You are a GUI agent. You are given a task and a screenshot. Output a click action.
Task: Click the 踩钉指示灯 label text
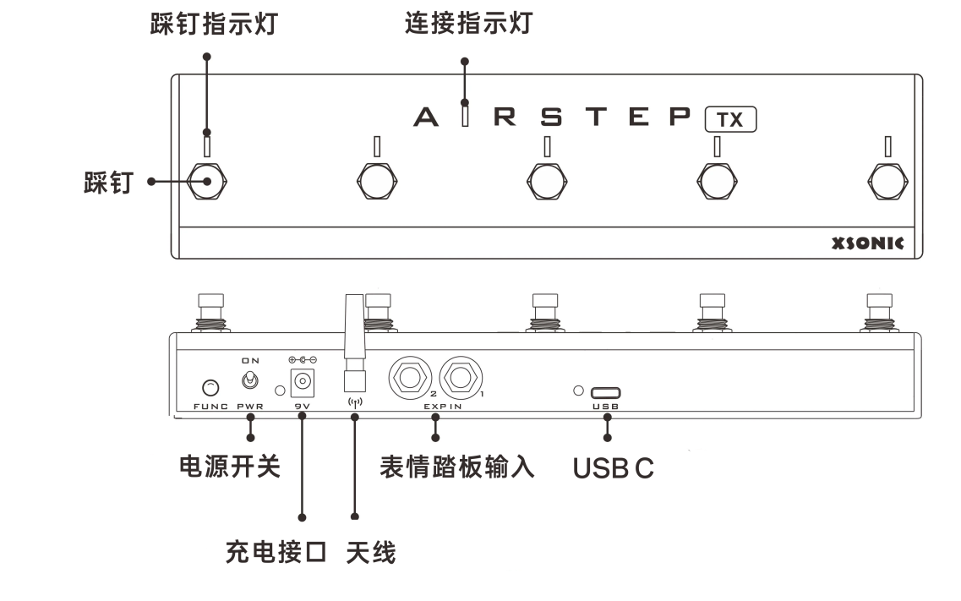click(x=214, y=25)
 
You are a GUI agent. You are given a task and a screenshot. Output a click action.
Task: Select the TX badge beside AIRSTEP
click(x=730, y=120)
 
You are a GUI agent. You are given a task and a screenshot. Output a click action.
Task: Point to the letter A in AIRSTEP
click(x=426, y=117)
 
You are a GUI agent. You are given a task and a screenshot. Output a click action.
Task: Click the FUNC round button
click(x=210, y=388)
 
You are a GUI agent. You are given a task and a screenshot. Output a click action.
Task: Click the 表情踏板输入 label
click(x=456, y=467)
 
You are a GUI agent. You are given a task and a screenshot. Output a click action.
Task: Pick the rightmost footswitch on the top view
click(x=888, y=179)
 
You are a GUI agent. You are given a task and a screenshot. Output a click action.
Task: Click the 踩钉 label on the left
click(x=107, y=182)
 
